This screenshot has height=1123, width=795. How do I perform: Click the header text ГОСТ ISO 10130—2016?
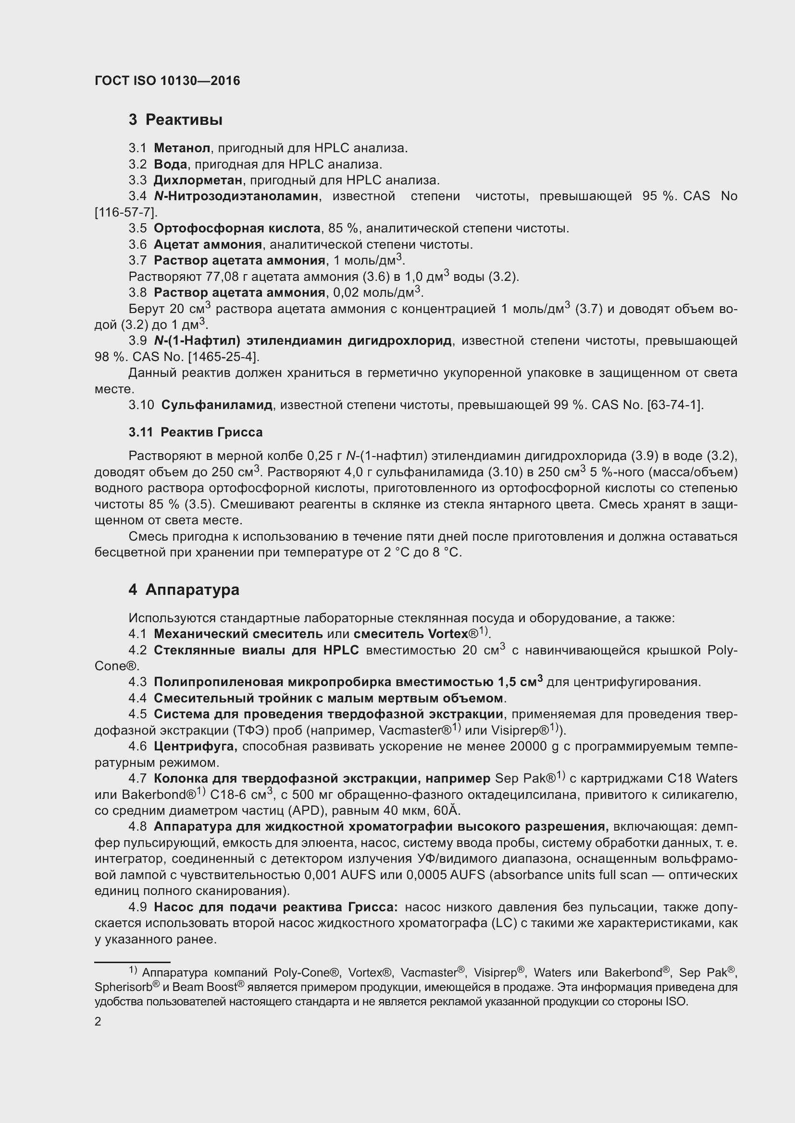(x=167, y=81)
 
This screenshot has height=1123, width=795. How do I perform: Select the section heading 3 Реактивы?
(x=175, y=120)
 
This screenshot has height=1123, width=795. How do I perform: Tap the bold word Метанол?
(x=182, y=148)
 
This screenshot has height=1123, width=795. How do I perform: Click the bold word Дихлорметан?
(x=198, y=180)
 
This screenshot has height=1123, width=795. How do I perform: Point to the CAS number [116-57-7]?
(x=126, y=212)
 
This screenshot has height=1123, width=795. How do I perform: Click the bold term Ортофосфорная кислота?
(x=237, y=228)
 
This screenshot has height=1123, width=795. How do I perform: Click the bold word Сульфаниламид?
(x=216, y=405)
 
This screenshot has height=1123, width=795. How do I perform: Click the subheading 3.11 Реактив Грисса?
(x=195, y=433)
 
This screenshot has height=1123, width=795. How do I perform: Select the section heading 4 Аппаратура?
(x=184, y=590)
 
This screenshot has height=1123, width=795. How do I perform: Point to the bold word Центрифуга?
(x=195, y=747)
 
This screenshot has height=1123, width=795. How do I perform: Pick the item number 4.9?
(x=137, y=907)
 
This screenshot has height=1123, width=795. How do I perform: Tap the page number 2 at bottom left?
(x=98, y=1022)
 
